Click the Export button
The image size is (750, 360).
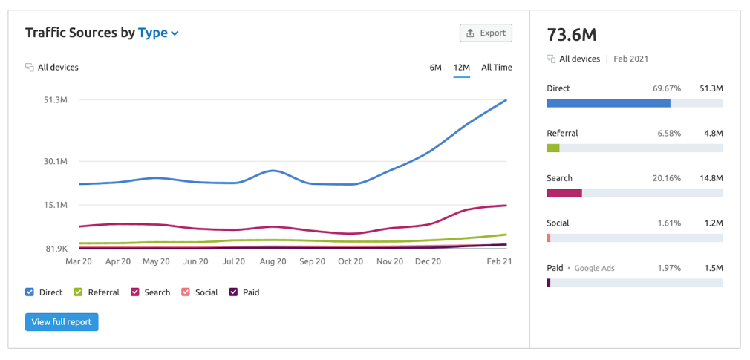[x=486, y=33]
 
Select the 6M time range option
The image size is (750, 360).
[x=435, y=68]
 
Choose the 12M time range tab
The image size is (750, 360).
[x=461, y=68]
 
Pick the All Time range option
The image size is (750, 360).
[x=496, y=68]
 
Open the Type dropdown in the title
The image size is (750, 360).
[x=158, y=33]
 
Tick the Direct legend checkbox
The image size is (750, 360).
[x=30, y=292]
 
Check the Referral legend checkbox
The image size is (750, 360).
[x=78, y=292]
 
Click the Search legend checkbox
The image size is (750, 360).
[x=135, y=292]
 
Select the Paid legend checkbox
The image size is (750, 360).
[x=233, y=292]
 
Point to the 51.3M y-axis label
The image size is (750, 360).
[x=56, y=100]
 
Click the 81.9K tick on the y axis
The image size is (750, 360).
[x=56, y=249]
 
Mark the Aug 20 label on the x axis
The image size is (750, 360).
[x=273, y=261]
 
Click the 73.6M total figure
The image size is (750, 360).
[x=572, y=35]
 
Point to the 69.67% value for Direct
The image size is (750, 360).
[x=667, y=88]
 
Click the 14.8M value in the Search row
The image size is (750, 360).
[x=711, y=178]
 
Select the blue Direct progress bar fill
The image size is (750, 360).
[x=608, y=103]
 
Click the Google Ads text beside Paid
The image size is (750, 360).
[x=595, y=268]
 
